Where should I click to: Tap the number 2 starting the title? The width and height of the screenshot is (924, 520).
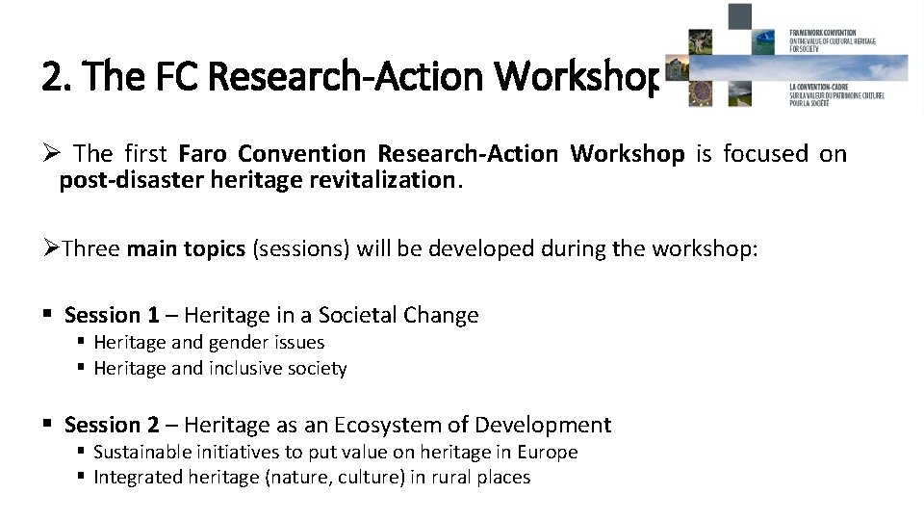(x=51, y=76)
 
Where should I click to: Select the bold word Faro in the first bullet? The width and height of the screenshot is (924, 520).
(x=203, y=154)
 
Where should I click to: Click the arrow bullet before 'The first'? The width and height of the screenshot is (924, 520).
(x=52, y=154)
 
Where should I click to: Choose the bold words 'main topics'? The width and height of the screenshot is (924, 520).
(x=186, y=249)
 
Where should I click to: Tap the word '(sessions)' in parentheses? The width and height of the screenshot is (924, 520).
(x=300, y=249)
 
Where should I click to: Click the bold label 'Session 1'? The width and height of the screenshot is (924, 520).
(x=112, y=315)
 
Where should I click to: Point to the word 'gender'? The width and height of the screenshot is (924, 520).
(x=238, y=342)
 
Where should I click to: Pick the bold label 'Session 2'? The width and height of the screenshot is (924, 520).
(x=112, y=425)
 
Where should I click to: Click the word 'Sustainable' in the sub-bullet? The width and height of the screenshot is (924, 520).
(x=145, y=452)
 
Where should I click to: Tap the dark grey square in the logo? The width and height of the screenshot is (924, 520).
(x=739, y=16)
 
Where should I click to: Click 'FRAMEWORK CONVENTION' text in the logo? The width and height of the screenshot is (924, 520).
(x=823, y=32)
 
